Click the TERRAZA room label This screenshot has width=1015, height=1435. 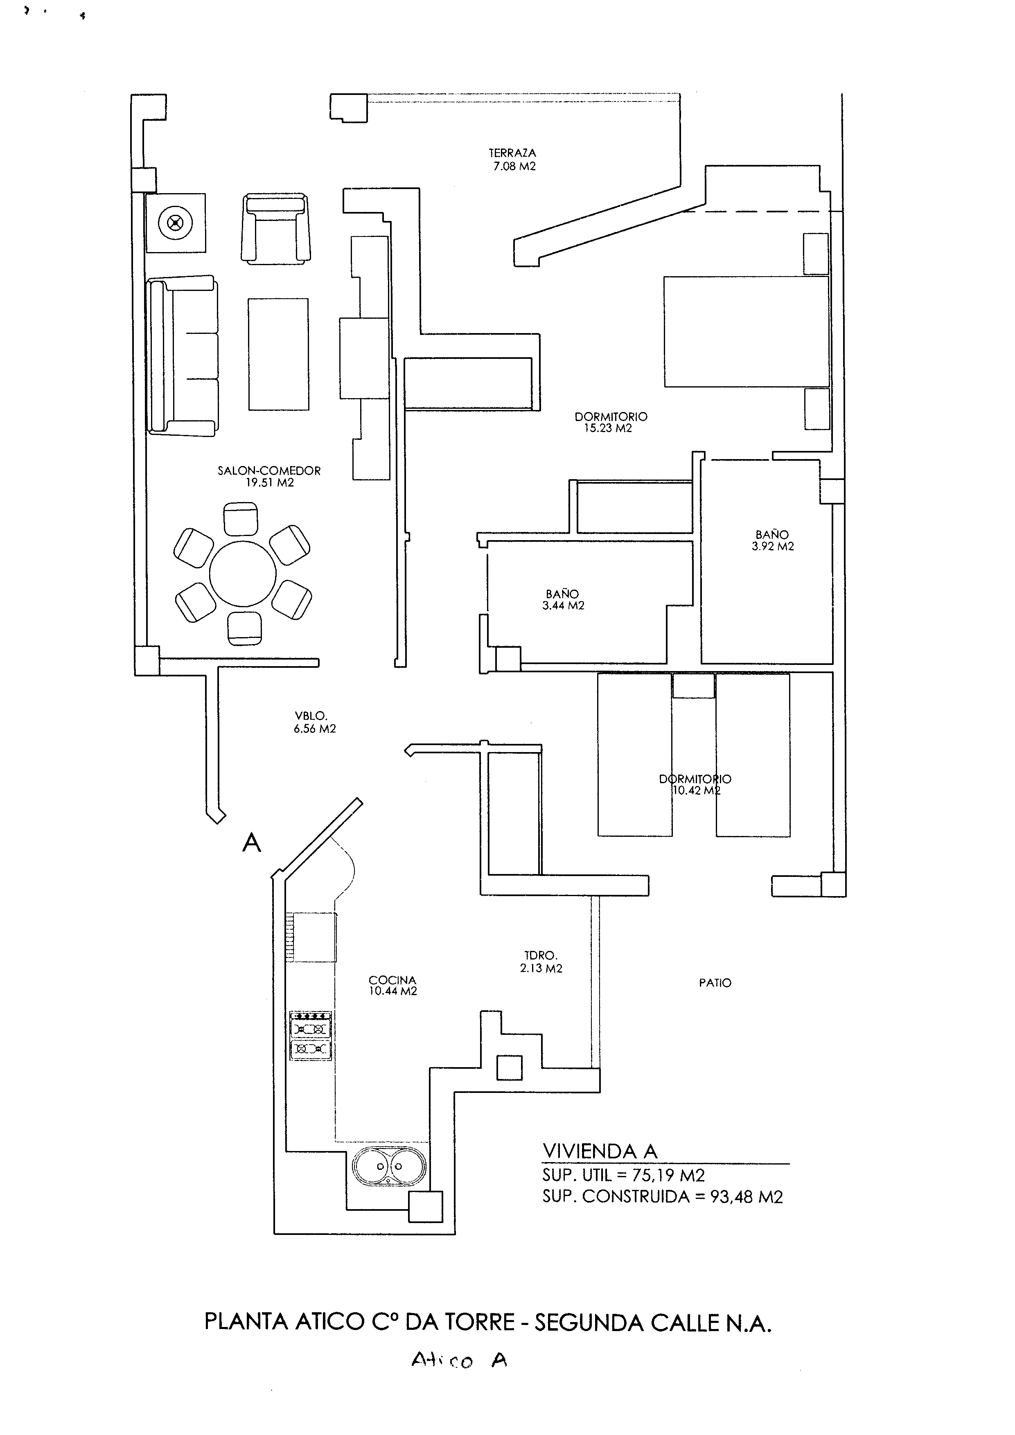click(512, 153)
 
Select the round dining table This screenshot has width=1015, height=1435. click(243, 574)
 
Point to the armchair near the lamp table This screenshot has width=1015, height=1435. click(275, 228)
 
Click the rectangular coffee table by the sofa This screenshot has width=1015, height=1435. click(279, 354)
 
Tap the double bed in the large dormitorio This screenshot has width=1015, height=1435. click(746, 332)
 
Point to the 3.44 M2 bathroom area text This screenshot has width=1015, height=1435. click(563, 606)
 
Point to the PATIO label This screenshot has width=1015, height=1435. click(715, 983)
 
